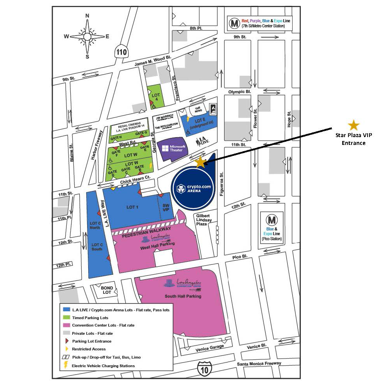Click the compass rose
(87, 36)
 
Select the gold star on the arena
(200, 162)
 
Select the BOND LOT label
(107, 290)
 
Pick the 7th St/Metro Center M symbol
(234, 23)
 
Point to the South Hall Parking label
(183, 296)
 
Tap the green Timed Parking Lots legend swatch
(66, 318)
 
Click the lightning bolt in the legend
(66, 366)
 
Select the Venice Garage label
(211, 347)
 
